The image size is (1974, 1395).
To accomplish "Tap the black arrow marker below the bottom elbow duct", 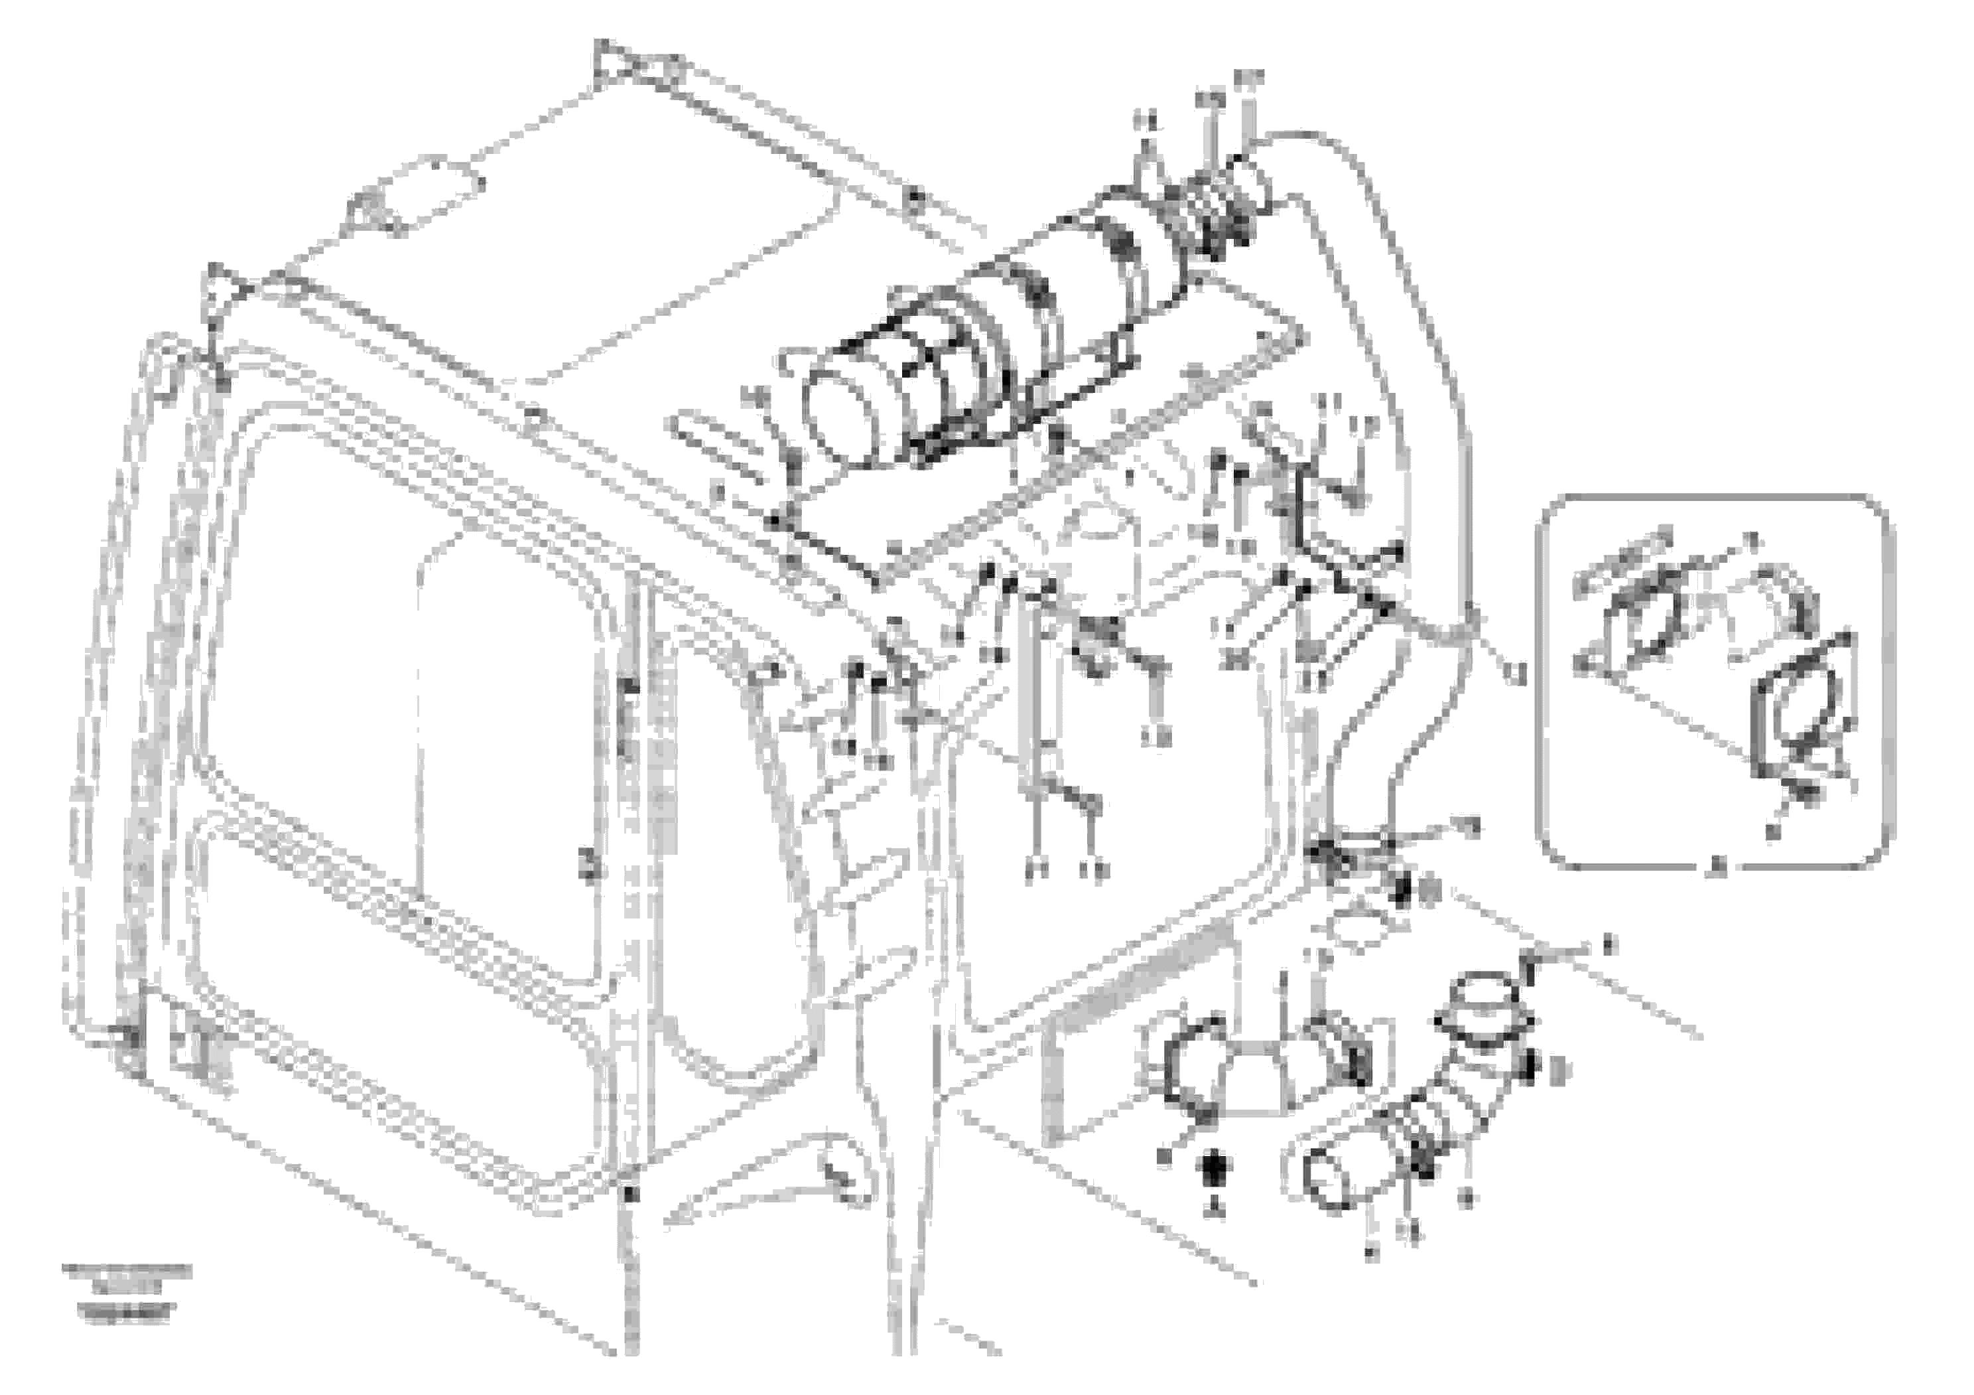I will pyautogui.click(x=1215, y=1168).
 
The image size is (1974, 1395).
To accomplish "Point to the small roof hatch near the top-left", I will pyautogui.click(x=413, y=195).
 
